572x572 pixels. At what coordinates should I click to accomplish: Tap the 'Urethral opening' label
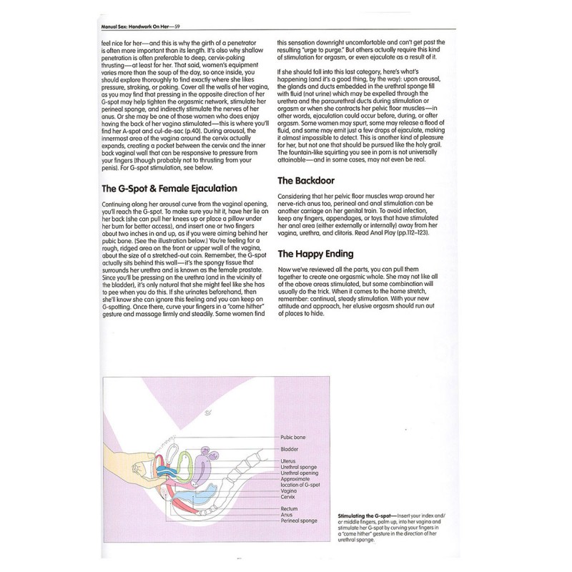[299, 473]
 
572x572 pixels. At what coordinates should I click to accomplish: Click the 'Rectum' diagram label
[288, 508]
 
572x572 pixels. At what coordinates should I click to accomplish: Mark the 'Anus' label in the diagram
[286, 515]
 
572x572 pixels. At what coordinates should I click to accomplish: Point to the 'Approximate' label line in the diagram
[295, 478]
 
